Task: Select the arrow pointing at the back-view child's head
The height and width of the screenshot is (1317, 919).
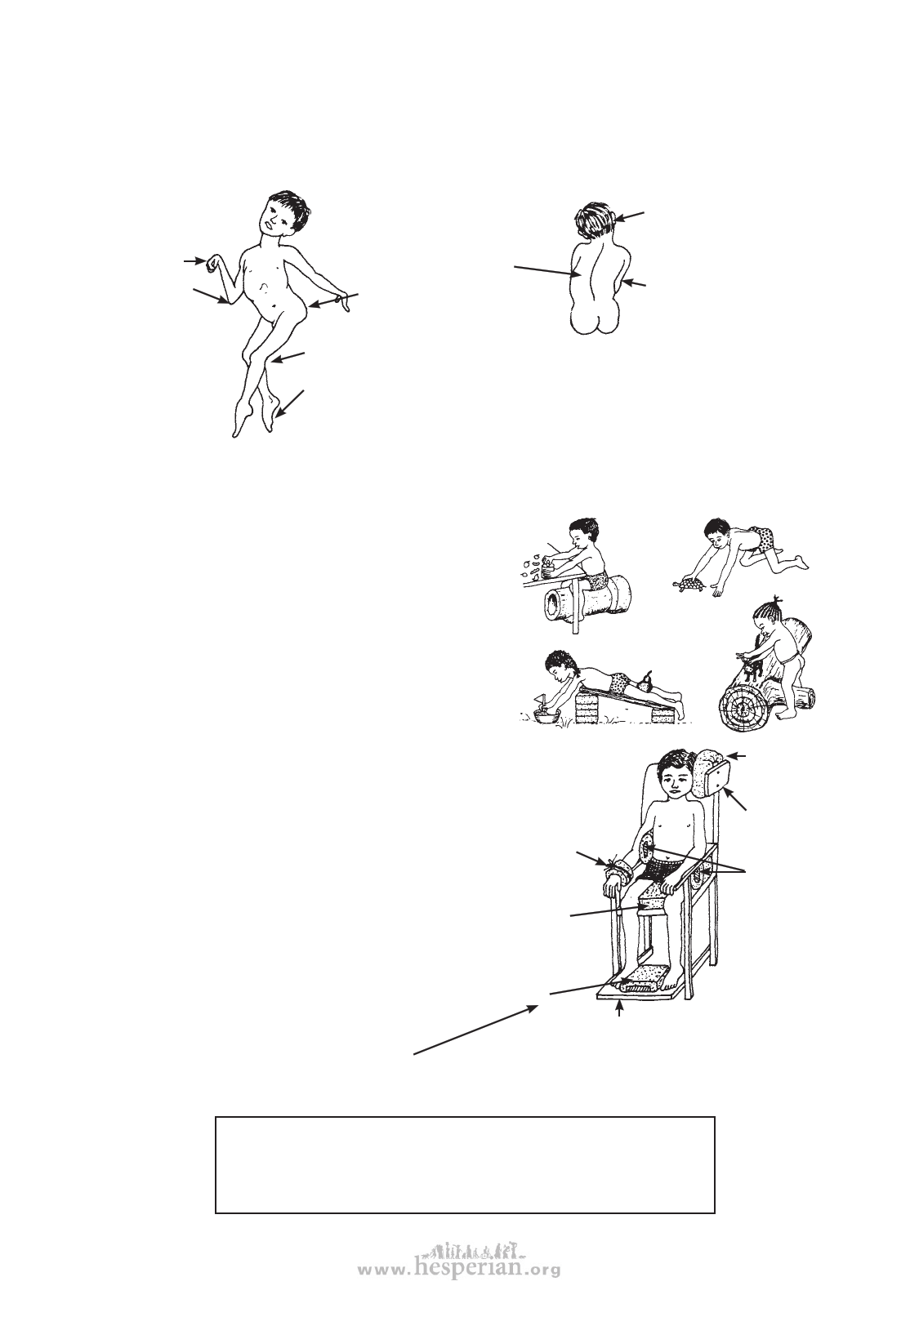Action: [x=630, y=216]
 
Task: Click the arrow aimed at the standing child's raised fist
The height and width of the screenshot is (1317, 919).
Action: [x=194, y=260]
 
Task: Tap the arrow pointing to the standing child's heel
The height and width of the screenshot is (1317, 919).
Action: [x=289, y=404]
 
